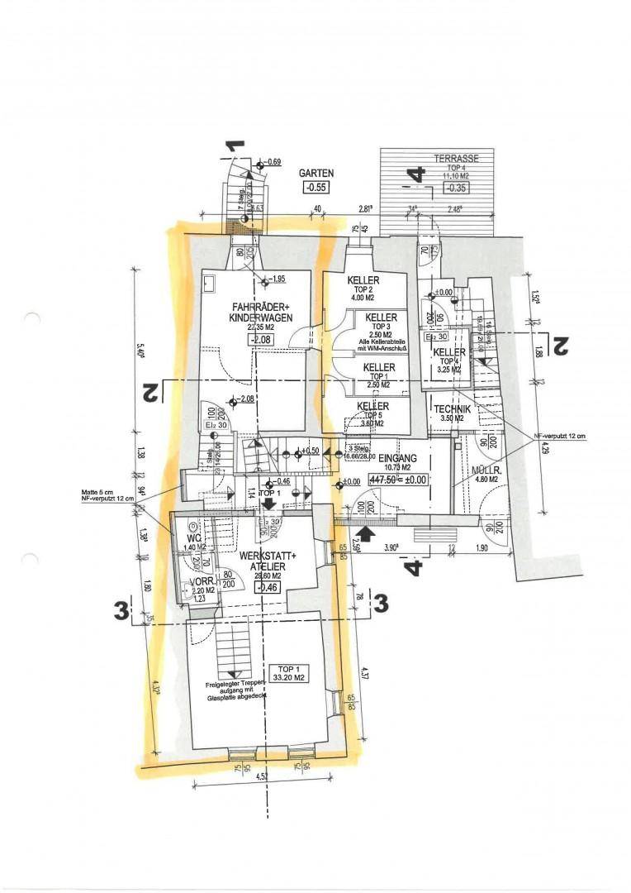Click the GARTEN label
pyautogui.click(x=316, y=174)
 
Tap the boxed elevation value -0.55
pyautogui.click(x=316, y=188)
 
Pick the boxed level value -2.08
pyautogui.click(x=263, y=340)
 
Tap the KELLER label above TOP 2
pyautogui.click(x=363, y=279)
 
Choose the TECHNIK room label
pyautogui.click(x=452, y=409)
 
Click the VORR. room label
pyautogui.click(x=202, y=581)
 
